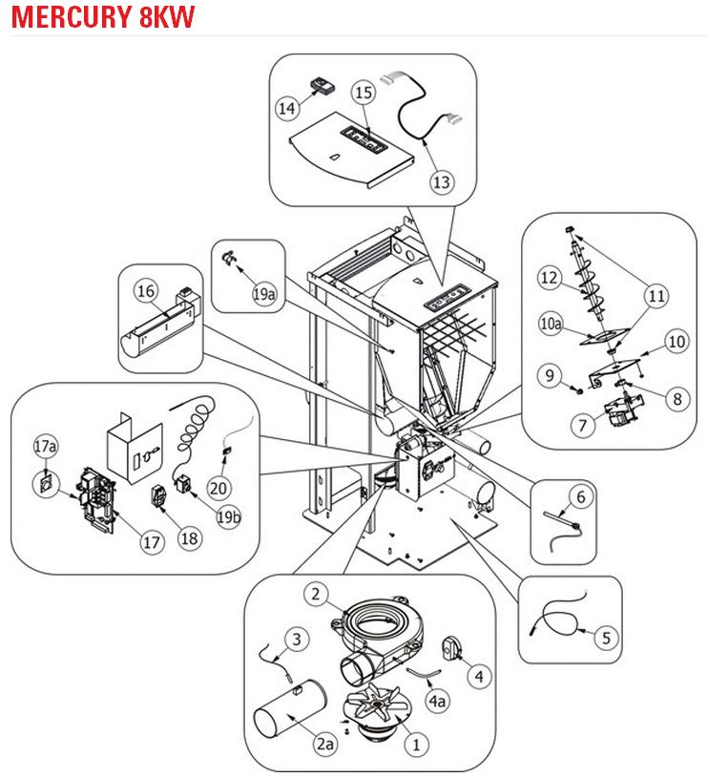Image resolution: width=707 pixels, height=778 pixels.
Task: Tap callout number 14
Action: [286, 108]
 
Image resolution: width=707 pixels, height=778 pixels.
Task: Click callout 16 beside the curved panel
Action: [145, 290]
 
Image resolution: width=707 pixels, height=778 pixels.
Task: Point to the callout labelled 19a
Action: [265, 295]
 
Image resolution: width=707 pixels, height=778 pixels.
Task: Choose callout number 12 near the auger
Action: [548, 278]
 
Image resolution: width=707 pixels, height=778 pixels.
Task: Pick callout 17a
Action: [44, 446]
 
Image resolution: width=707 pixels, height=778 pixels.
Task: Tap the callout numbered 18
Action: [189, 537]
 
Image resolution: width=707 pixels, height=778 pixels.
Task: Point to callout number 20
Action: [218, 487]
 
